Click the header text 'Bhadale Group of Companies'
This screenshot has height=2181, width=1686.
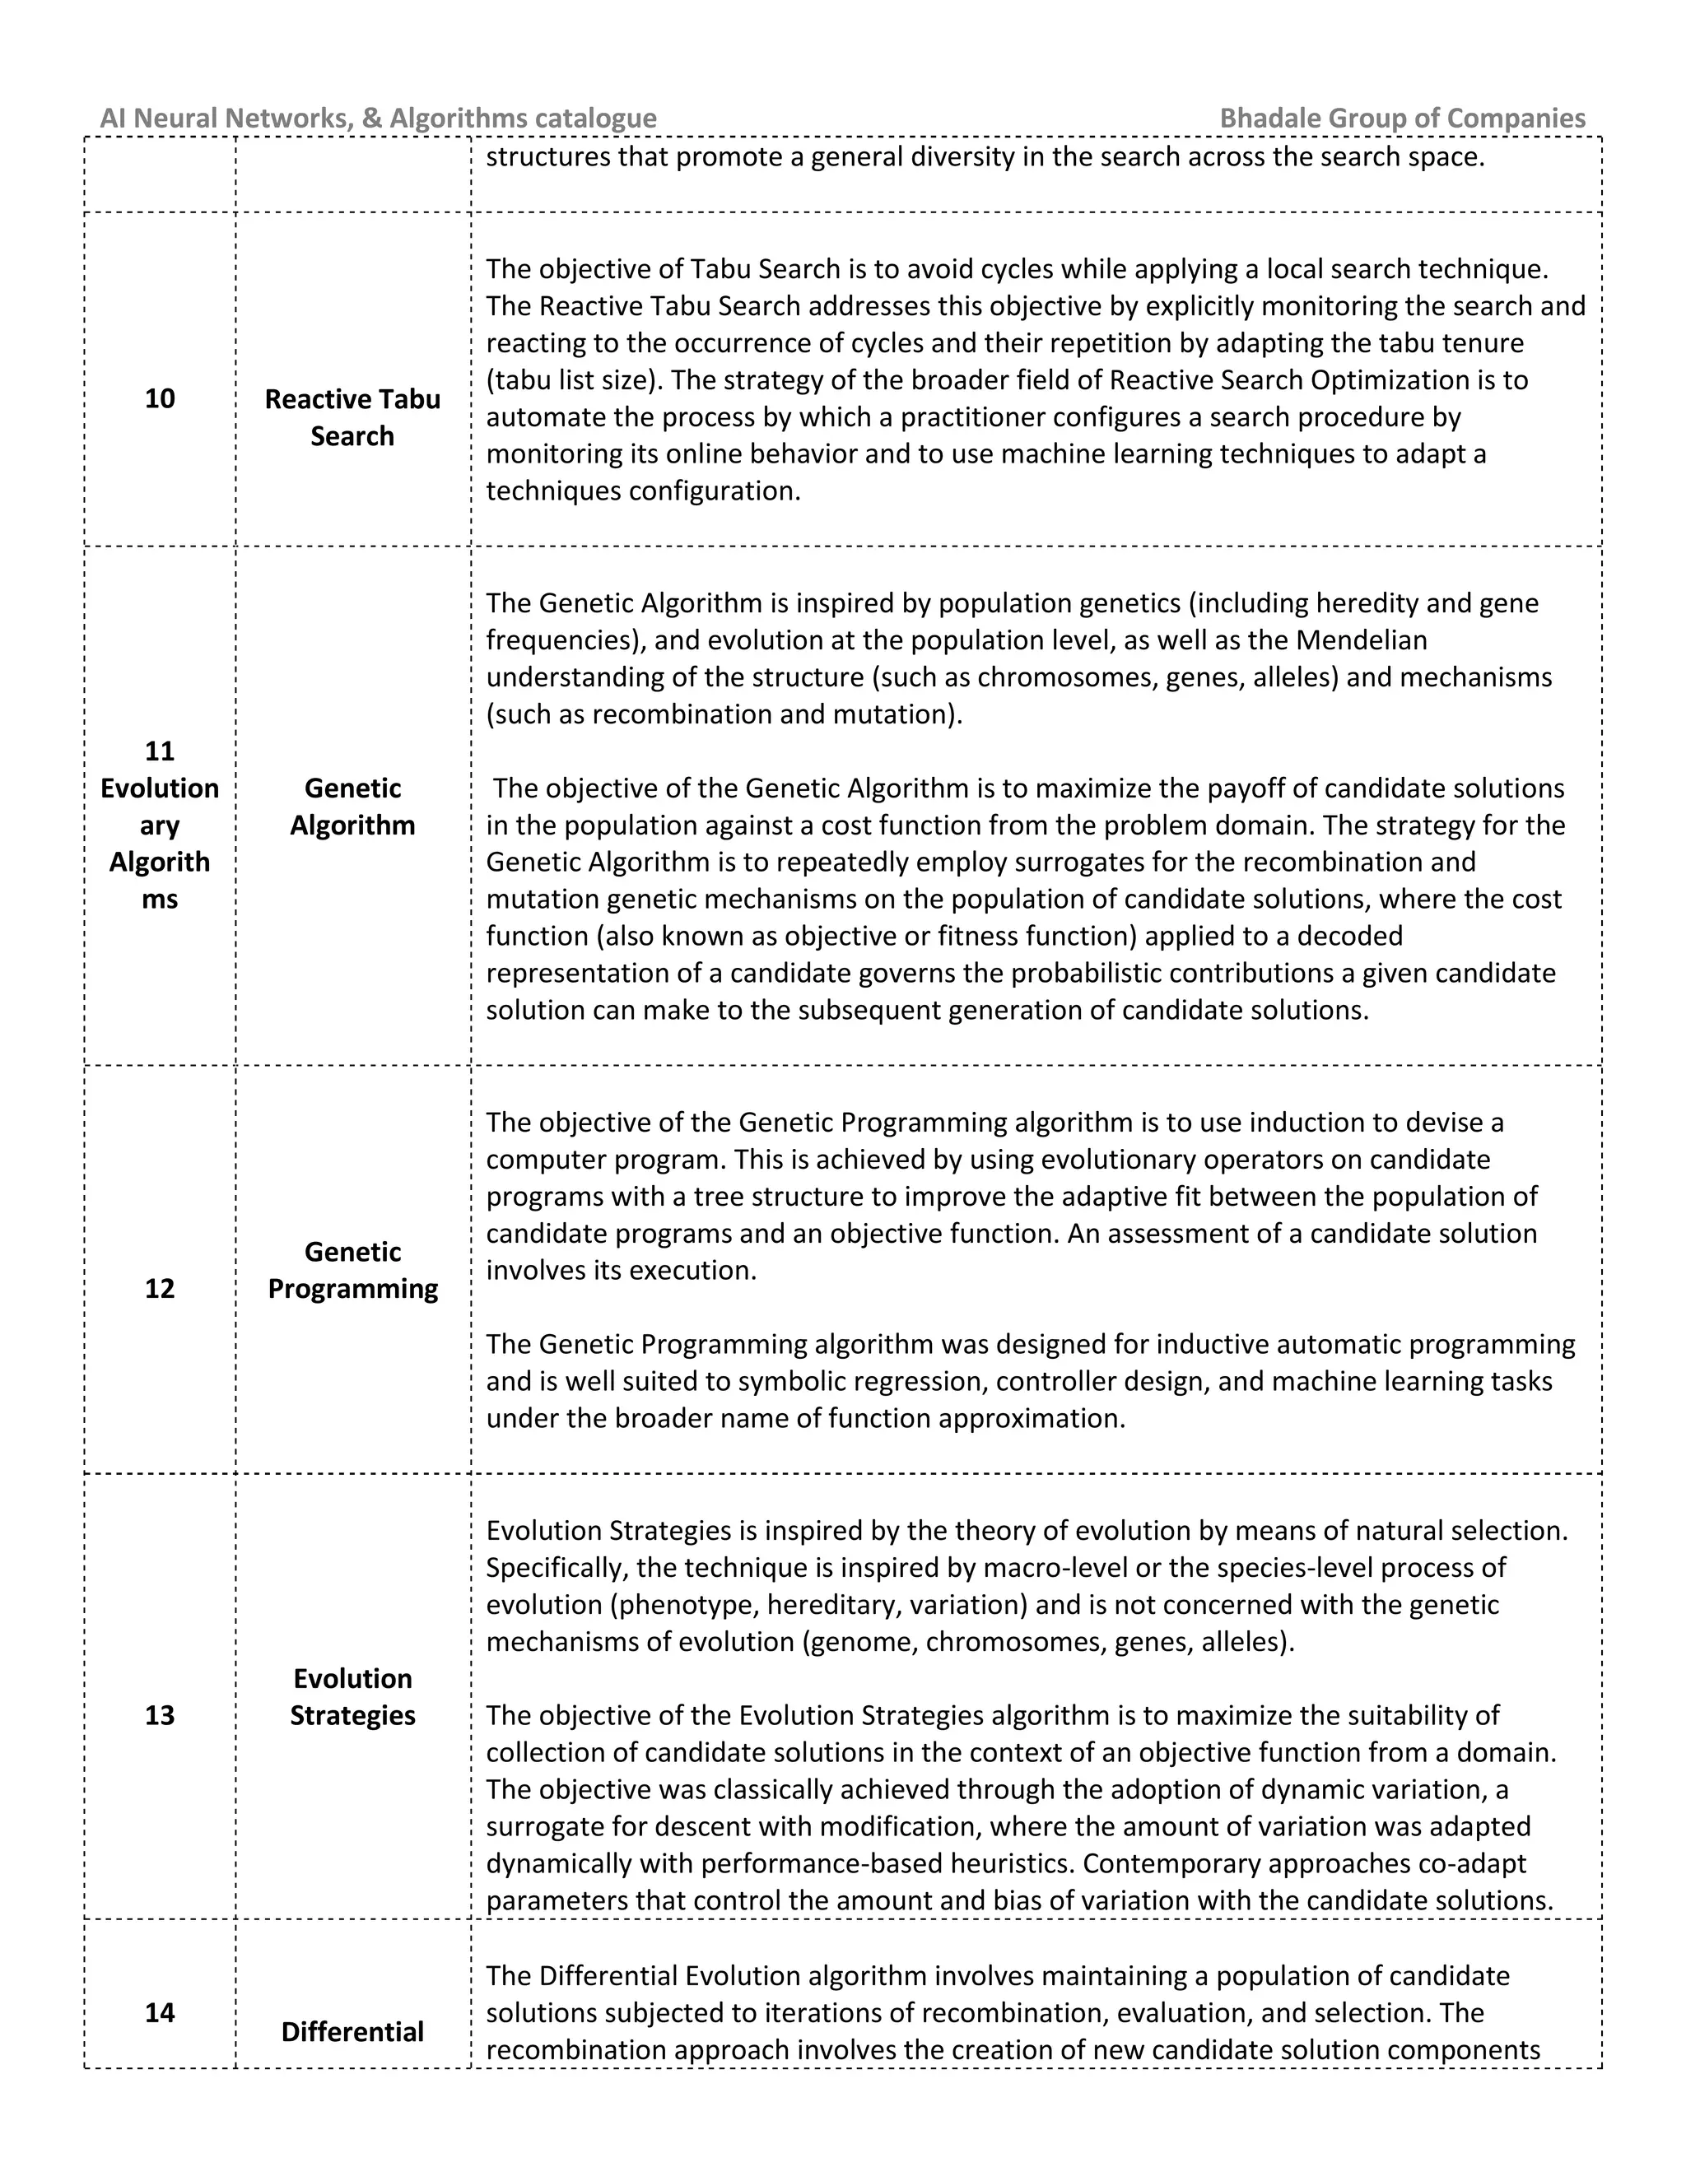1401,118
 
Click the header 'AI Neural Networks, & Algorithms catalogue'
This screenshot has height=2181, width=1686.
378,118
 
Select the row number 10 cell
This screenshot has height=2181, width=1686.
160,398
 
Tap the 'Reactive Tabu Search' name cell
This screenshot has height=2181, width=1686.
352,417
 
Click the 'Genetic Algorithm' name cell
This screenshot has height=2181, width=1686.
352,806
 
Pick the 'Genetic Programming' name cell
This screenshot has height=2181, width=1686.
352,1269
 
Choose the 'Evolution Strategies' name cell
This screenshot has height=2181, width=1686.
352,1697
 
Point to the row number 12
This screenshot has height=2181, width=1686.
160,1288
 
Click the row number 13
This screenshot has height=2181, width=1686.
160,1716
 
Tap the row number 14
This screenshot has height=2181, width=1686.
160,2012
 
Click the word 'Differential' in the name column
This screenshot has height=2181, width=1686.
352,2032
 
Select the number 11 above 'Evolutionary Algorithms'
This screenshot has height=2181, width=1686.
160,751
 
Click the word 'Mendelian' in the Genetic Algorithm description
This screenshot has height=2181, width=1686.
1363,640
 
